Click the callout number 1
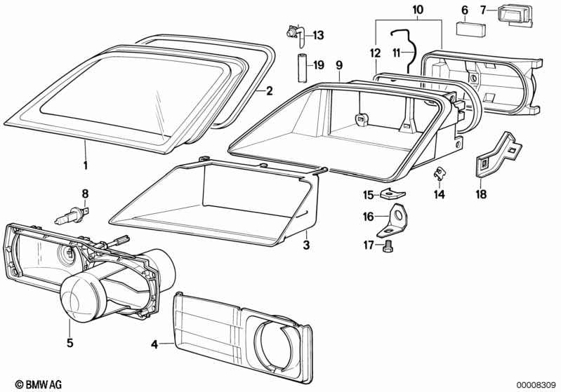pyautogui.click(x=86, y=166)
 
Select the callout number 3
pyautogui.click(x=306, y=245)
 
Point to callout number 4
pyautogui.click(x=154, y=344)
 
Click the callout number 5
pyautogui.click(x=70, y=344)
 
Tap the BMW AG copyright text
pyautogui.click(x=33, y=384)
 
